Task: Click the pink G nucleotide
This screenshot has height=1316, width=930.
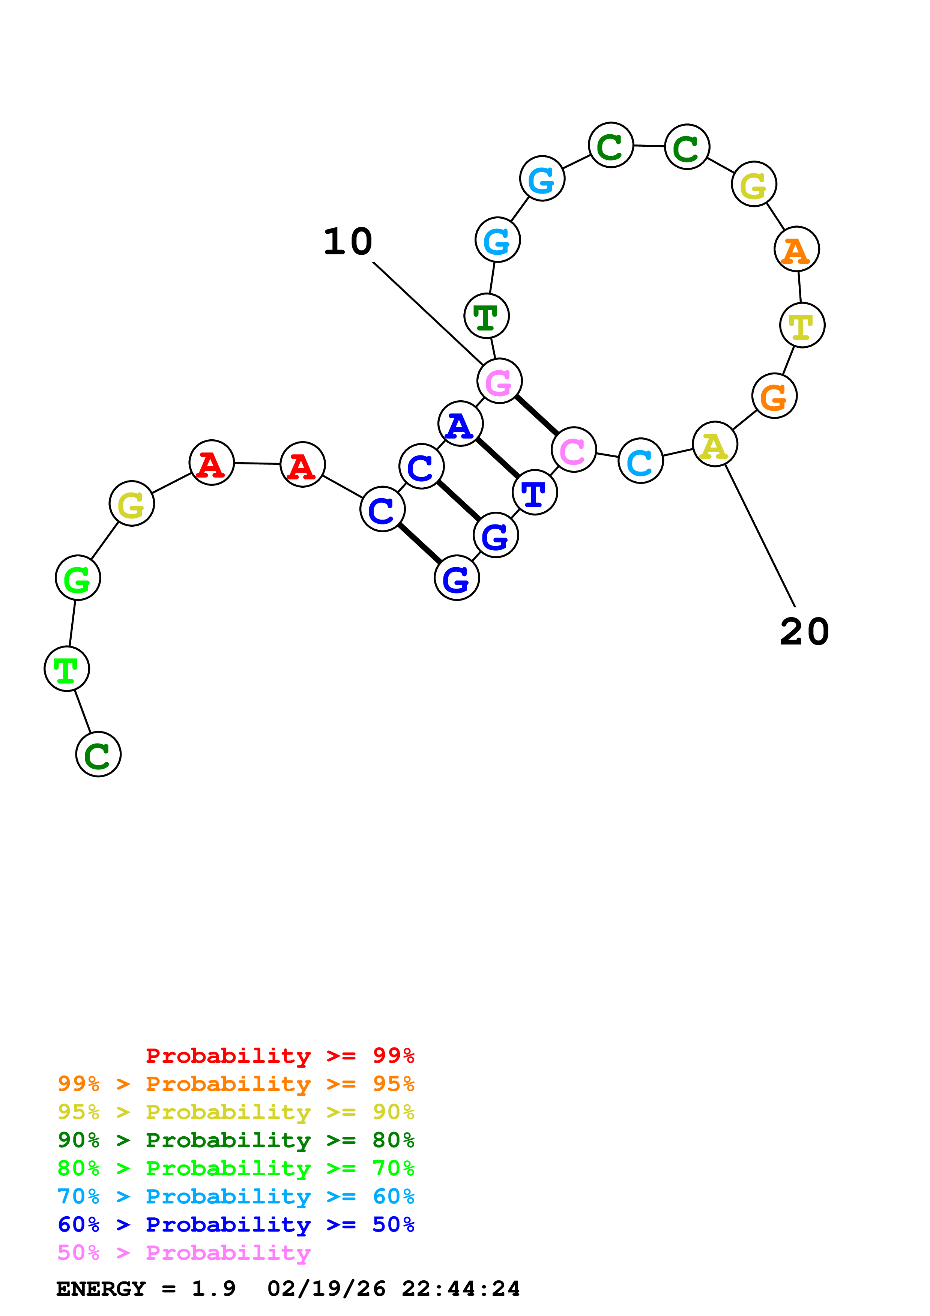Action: coord(499,381)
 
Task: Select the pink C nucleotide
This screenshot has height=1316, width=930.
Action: coord(574,450)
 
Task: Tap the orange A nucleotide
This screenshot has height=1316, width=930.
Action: coord(796,249)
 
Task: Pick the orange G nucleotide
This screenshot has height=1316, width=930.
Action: coord(774,396)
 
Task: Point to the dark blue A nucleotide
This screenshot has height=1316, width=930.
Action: coord(460,424)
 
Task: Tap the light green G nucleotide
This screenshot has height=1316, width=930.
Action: coord(78,578)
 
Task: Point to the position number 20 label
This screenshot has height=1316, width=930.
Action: coord(804,632)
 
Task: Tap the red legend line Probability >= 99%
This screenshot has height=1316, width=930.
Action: coord(279,1056)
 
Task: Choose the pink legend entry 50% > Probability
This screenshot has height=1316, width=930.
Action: coord(184,1253)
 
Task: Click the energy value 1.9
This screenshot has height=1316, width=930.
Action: coord(213,1289)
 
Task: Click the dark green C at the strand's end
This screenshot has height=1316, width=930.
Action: coord(99,754)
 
